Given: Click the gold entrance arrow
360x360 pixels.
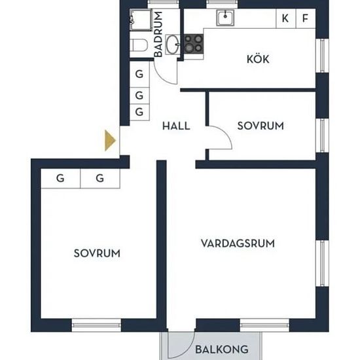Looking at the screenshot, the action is point(110,140).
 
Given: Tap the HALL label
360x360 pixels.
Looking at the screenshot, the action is point(176,126).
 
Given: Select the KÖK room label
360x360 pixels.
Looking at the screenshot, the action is point(258,58).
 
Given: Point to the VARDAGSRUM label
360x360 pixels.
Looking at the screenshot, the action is point(238,243).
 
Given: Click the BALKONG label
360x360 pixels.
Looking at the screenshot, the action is point(222,350).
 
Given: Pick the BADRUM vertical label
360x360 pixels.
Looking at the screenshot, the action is point(158,34).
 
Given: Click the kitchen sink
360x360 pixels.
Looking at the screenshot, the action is point(225,18).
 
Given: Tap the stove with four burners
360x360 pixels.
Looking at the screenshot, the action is point(194,44).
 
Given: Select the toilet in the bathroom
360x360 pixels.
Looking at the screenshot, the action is point(139,45).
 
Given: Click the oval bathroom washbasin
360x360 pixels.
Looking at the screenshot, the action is point(173,45).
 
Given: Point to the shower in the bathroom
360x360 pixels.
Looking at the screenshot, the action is point(141,20).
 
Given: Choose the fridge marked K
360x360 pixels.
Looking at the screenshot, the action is point(286,18).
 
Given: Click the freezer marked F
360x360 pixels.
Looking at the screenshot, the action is point(306,18).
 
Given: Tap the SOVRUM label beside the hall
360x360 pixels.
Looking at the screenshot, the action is point(261,126).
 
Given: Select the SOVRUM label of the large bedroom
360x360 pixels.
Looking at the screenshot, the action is point(97,253).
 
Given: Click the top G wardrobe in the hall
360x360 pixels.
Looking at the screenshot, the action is point(139,74).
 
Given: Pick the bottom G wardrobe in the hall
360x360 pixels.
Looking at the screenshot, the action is point(139,112).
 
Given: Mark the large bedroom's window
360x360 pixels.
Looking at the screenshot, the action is point(96,325).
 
